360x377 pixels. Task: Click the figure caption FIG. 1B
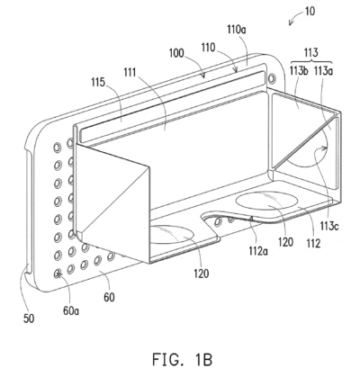point(182,359)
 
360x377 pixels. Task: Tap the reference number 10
point(310,11)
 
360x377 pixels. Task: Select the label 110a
point(237,30)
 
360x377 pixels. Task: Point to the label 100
point(176,53)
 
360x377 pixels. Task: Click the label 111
point(130,72)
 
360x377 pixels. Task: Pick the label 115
point(99,82)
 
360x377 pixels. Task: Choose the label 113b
point(299,71)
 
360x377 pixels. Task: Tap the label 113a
point(323,71)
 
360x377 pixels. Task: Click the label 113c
point(328,227)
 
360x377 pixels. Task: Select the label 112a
point(258,251)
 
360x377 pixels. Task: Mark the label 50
point(29,319)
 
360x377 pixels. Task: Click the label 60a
point(71,311)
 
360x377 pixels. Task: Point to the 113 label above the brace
point(310,52)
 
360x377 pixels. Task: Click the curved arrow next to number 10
point(295,17)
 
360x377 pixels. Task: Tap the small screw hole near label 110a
point(272,78)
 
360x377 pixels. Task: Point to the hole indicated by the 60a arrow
point(58,273)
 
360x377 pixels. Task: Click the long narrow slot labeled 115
point(173,106)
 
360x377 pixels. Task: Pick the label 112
point(313,244)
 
